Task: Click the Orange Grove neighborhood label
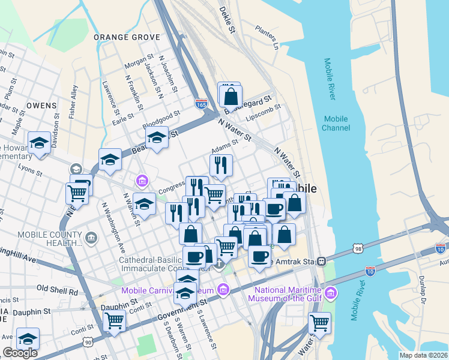127,37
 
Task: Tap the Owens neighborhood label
41,105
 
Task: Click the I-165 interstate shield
202,104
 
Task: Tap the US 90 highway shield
89,342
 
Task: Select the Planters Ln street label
267,38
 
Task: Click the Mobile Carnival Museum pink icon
223,291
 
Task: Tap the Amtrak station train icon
322,261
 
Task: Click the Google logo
20,353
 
